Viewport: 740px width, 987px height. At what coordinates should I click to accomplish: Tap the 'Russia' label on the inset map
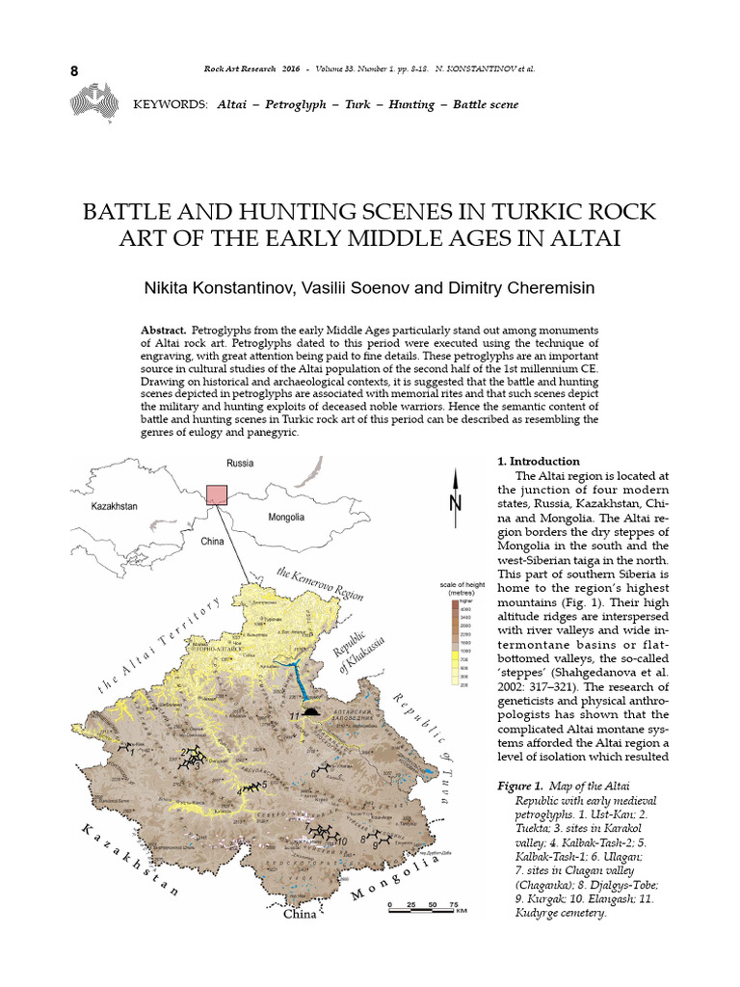point(240,464)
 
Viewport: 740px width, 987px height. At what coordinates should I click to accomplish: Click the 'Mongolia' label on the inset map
point(286,518)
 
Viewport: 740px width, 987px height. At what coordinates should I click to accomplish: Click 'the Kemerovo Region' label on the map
point(320,582)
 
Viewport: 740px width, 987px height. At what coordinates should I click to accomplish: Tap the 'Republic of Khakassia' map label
point(353,656)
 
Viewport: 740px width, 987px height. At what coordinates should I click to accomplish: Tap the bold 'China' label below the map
point(299,915)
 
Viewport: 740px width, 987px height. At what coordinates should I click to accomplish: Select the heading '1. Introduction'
point(539,462)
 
